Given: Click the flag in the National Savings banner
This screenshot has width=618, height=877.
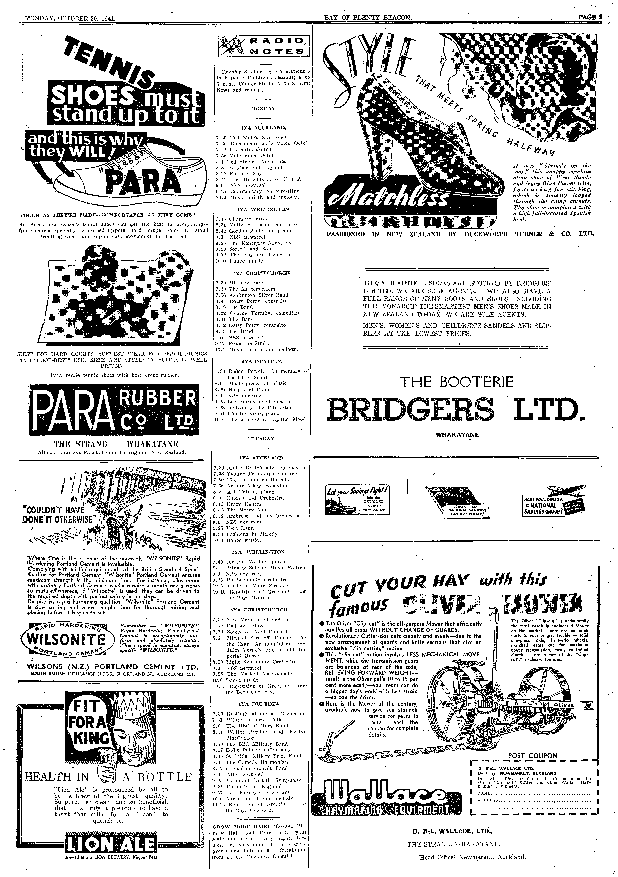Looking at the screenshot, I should click(x=451, y=495).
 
